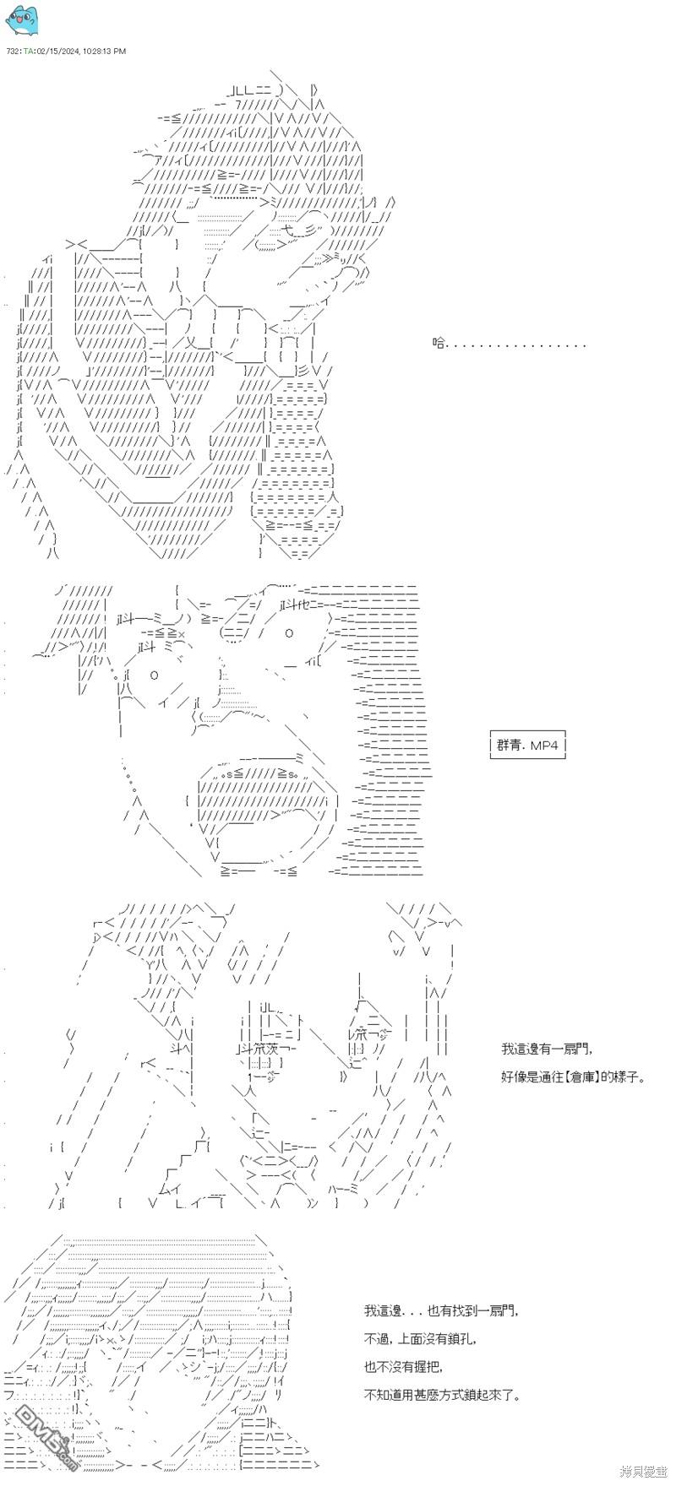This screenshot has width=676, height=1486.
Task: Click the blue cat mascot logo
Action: (21, 20)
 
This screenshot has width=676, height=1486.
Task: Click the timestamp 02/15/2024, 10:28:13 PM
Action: (81, 52)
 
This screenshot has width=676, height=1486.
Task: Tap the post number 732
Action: (12, 52)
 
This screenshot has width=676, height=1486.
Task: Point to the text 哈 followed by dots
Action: (510, 344)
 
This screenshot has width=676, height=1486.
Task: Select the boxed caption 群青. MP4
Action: (528, 746)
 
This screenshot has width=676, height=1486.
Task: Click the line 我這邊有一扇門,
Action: (547, 1049)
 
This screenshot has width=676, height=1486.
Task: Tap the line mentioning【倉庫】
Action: (572, 1077)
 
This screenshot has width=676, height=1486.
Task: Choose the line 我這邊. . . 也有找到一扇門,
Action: (440, 1311)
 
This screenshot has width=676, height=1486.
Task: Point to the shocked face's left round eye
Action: (155, 675)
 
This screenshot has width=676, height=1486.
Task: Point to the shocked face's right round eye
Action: (289, 633)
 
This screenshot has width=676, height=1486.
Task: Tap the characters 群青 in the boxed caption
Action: (510, 746)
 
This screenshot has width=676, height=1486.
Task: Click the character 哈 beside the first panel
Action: (439, 344)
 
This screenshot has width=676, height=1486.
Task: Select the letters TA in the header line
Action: (29, 52)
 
